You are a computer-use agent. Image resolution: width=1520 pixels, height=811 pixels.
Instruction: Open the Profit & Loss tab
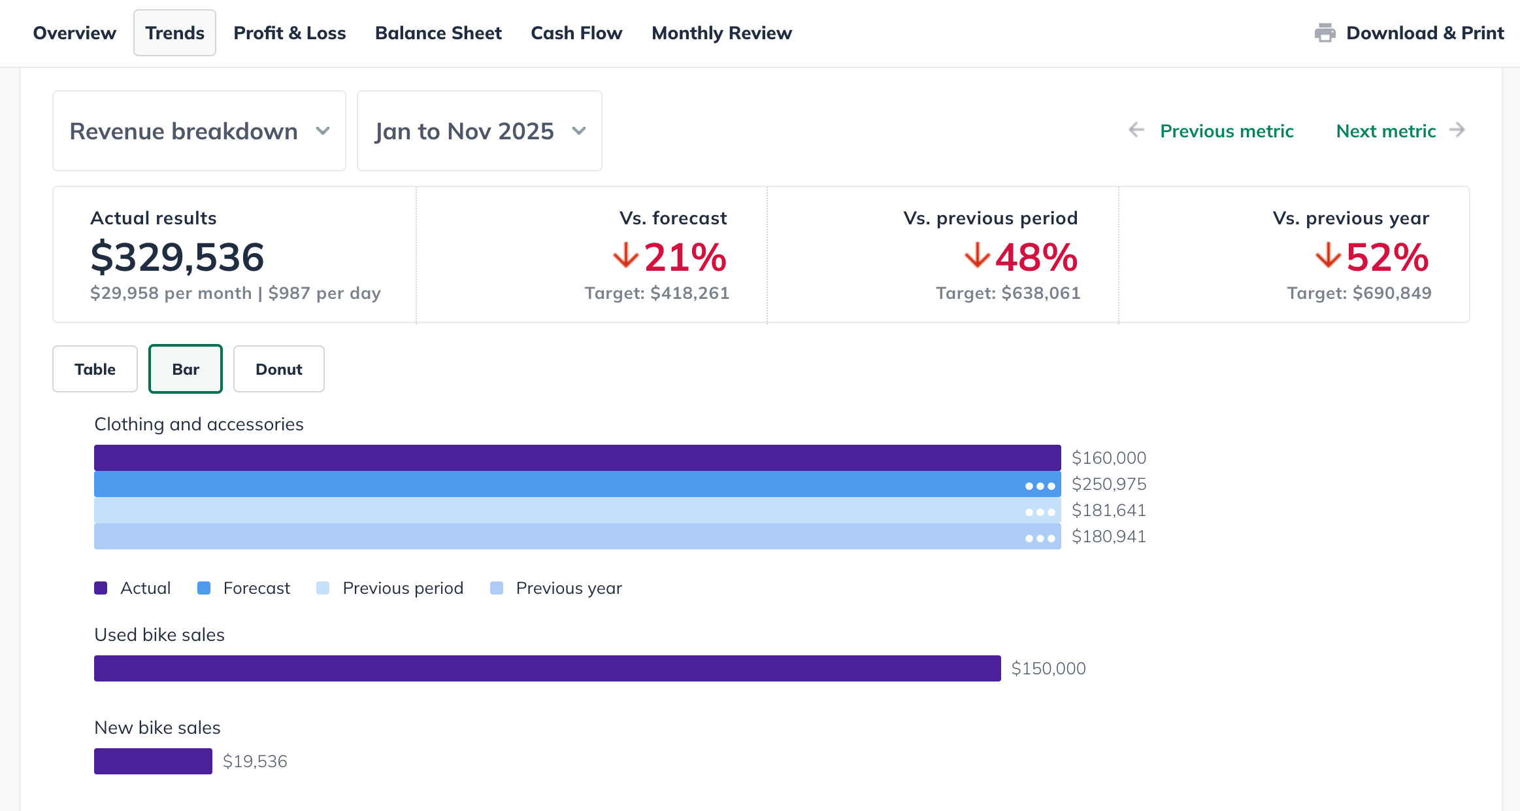pyautogui.click(x=289, y=33)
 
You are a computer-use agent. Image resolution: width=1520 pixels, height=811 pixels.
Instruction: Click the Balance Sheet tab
pyautogui.click(x=438, y=33)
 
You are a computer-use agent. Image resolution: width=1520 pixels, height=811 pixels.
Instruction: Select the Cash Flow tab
pyautogui.click(x=576, y=33)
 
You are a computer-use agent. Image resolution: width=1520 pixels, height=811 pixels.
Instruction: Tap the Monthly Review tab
pyautogui.click(x=721, y=33)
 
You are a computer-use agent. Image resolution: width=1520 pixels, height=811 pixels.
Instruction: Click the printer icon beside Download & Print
pyautogui.click(x=1325, y=33)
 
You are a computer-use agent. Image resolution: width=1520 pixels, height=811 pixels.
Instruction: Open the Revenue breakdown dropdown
pyautogui.click(x=199, y=131)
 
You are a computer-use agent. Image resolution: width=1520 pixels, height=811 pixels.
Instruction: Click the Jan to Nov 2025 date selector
pyautogui.click(x=479, y=131)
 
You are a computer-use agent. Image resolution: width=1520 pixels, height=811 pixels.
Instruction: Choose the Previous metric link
pyautogui.click(x=1226, y=131)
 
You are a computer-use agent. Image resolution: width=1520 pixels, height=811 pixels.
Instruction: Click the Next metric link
pyautogui.click(x=1385, y=131)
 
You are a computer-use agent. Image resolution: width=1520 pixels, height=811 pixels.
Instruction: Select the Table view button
pyautogui.click(x=95, y=369)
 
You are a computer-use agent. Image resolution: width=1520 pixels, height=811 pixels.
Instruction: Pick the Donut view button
pyautogui.click(x=278, y=369)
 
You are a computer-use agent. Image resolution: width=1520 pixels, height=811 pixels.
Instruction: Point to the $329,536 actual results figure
pyautogui.click(x=177, y=257)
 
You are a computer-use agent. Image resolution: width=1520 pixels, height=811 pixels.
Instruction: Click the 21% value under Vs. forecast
pyautogui.click(x=684, y=257)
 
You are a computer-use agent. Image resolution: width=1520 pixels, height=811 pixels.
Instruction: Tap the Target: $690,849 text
pyautogui.click(x=1359, y=293)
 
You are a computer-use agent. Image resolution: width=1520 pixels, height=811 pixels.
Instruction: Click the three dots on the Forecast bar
pyautogui.click(x=1040, y=486)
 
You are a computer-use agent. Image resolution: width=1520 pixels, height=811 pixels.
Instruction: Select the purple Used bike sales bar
pyautogui.click(x=547, y=668)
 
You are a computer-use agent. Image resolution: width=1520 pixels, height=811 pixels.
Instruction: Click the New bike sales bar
pyautogui.click(x=153, y=761)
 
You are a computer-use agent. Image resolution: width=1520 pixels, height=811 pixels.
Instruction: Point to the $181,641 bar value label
pyautogui.click(x=1108, y=510)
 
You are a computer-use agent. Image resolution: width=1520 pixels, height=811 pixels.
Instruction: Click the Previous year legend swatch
pyautogui.click(x=497, y=588)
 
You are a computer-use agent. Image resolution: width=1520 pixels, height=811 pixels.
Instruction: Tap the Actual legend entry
pyautogui.click(x=145, y=588)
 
